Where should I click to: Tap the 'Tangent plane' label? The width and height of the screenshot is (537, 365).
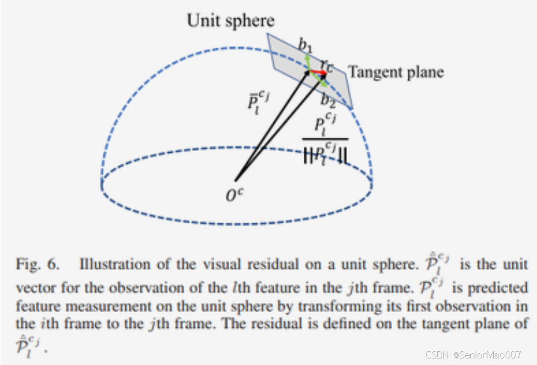click(396, 72)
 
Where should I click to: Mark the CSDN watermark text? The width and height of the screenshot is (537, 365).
click(473, 354)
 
